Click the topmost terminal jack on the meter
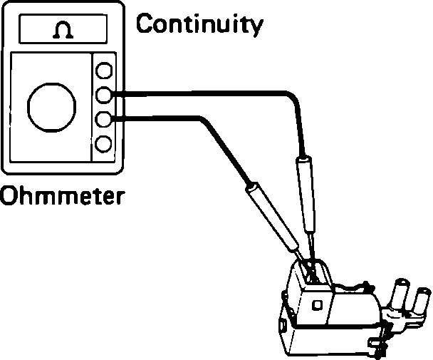coord(104,71)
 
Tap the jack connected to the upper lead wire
coord(104,95)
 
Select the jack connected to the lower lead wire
coord(104,119)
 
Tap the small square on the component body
coord(317,305)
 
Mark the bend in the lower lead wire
coord(209,124)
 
